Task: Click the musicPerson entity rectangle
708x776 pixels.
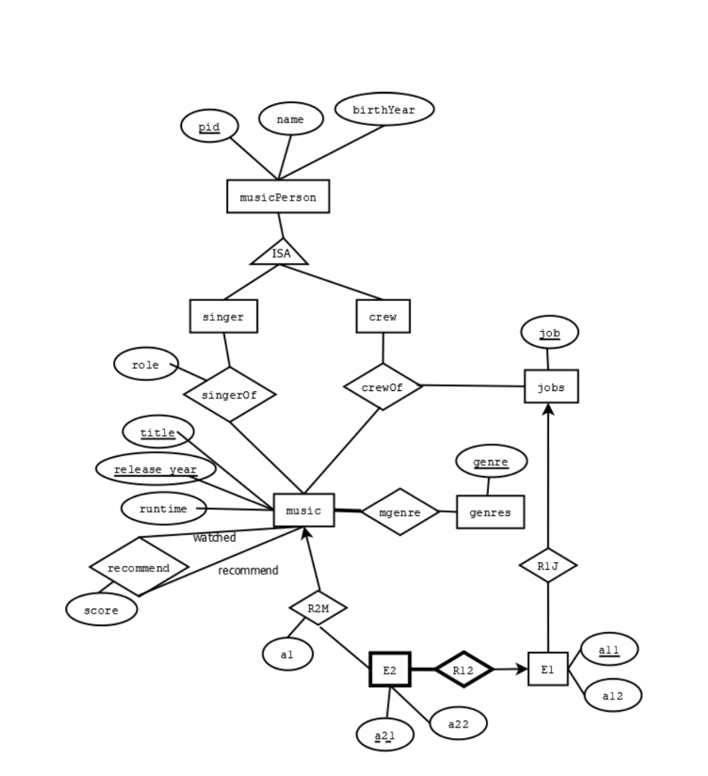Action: [277, 197]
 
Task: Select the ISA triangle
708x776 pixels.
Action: [280, 253]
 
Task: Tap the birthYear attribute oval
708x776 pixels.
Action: [384, 110]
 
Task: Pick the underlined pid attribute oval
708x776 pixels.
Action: [209, 127]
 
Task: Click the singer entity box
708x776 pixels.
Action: [223, 317]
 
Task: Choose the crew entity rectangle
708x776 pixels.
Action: [383, 317]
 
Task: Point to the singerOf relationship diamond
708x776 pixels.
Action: [229, 395]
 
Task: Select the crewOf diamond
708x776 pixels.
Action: [382, 387]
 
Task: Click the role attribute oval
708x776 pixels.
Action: [146, 365]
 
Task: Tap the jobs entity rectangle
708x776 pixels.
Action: [550, 387]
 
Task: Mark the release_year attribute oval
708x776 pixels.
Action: [155, 469]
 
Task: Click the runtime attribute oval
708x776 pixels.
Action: [163, 508]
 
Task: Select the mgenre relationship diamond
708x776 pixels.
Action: [399, 512]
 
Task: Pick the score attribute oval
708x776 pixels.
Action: [101, 609]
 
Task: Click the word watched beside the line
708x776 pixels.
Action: [215, 537]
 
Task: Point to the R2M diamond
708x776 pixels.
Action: [318, 608]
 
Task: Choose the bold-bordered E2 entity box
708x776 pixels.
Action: [390, 670]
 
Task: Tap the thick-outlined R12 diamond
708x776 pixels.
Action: [463, 670]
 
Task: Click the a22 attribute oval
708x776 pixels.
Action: [458, 724]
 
